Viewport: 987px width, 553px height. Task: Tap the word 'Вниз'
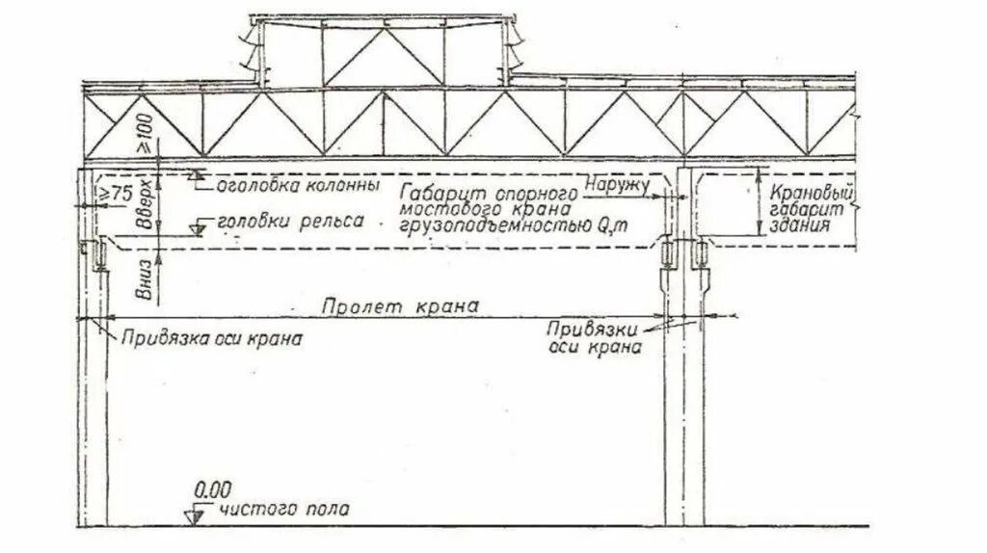click(146, 280)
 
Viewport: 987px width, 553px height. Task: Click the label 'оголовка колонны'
click(297, 183)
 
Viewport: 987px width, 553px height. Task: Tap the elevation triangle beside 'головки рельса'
click(197, 230)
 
